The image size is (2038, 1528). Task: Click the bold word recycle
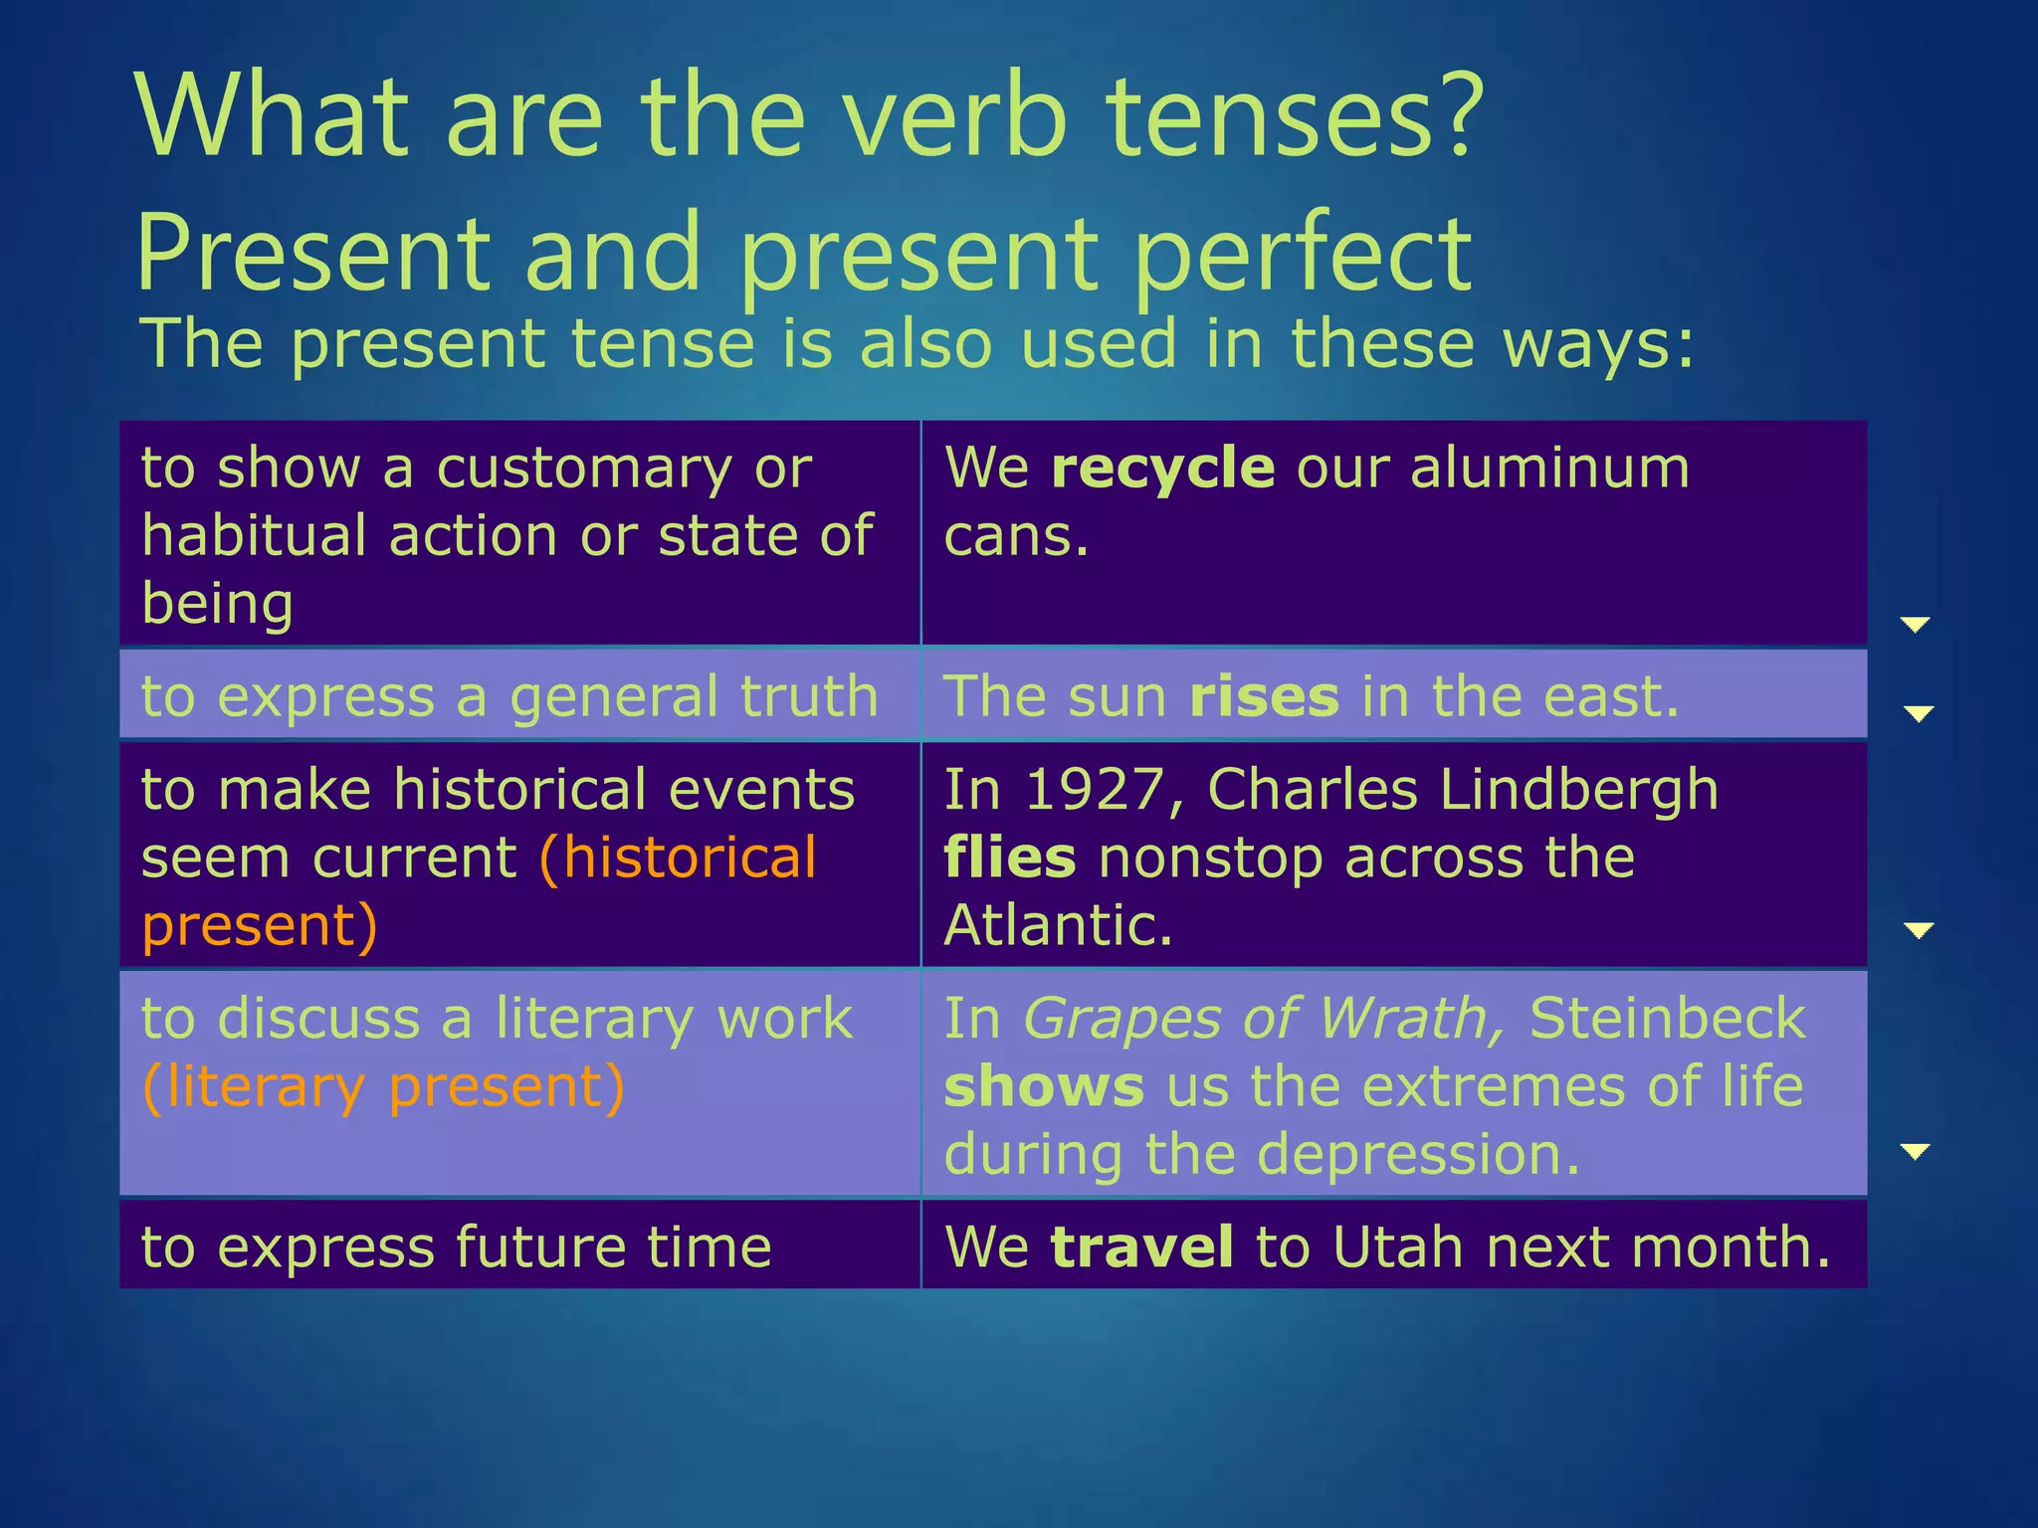coord(1162,469)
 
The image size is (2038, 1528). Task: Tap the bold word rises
coord(1264,696)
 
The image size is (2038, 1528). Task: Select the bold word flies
coord(1009,858)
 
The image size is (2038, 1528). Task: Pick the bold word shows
coord(1044,1086)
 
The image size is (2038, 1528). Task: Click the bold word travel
coord(1141,1246)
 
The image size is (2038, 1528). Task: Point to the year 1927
coord(1093,790)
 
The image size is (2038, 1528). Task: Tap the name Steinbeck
coord(1667,1019)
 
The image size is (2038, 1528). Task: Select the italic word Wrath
coord(1410,1019)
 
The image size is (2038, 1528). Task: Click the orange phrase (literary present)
coord(383,1086)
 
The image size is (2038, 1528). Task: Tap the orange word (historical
coord(677,858)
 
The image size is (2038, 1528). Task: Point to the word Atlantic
coord(1058,925)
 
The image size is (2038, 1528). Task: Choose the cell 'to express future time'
coord(456,1246)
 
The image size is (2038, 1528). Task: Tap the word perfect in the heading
coord(1303,254)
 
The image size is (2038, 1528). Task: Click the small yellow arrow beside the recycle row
coord(1915,624)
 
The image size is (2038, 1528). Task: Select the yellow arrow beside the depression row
coord(1915,1151)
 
